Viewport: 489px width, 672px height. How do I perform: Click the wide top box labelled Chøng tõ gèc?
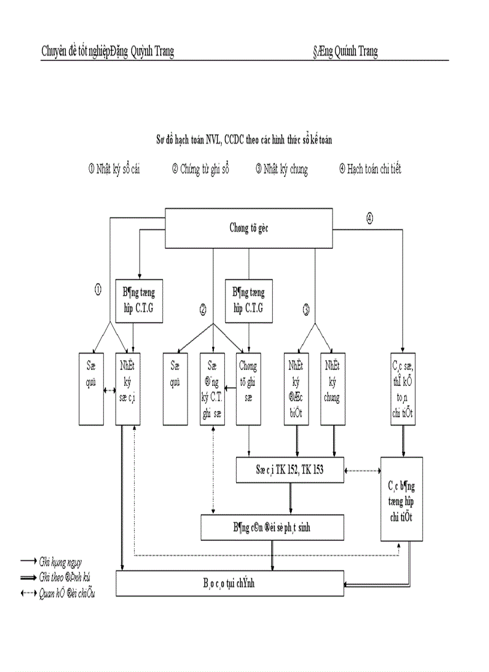[x=249, y=227]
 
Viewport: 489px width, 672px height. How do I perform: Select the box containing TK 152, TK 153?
[x=290, y=470]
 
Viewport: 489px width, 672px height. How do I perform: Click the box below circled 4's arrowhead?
[x=403, y=389]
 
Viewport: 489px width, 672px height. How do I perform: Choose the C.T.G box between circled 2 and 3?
[x=248, y=301]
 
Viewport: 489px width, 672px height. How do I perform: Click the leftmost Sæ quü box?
[x=91, y=389]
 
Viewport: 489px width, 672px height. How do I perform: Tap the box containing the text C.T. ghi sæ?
[x=212, y=389]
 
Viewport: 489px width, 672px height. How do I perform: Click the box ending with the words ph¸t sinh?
[x=273, y=528]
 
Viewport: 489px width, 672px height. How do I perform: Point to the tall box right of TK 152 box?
[x=402, y=499]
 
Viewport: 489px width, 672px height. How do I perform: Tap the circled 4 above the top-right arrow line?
[x=369, y=219]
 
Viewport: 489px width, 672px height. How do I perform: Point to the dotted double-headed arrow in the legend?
[x=28, y=593]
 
